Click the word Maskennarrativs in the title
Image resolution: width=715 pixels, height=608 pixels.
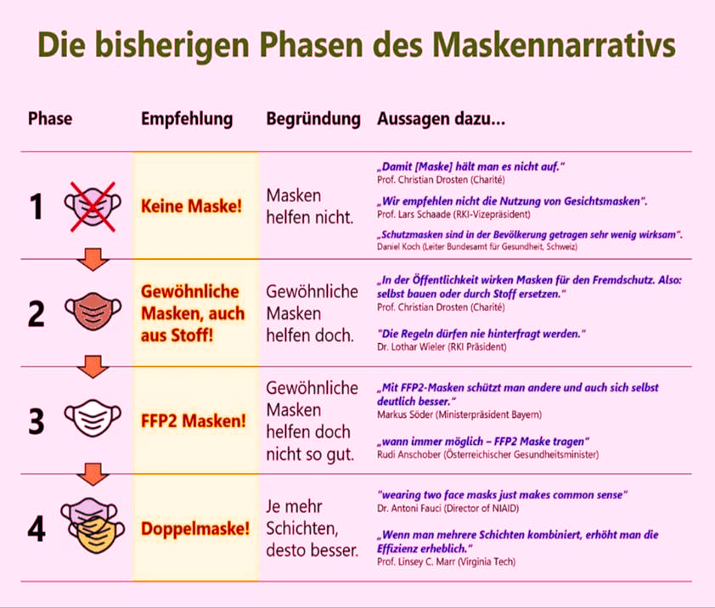click(x=554, y=45)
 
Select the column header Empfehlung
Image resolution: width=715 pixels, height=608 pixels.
click(x=187, y=119)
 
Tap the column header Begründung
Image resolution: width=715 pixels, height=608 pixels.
click(x=313, y=119)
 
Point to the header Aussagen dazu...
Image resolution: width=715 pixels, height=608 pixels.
click(x=441, y=119)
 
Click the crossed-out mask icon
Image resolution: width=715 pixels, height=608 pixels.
click(x=93, y=206)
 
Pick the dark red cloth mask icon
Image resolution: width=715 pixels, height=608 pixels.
click(x=93, y=311)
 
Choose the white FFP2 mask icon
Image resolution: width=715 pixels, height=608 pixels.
click(x=93, y=419)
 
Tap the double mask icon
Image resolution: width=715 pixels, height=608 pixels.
click(x=93, y=526)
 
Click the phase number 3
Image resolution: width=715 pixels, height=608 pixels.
click(x=37, y=421)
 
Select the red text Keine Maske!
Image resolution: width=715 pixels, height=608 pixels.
click(x=192, y=205)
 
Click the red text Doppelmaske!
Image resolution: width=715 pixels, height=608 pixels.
click(x=195, y=528)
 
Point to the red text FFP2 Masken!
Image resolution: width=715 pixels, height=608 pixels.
click(x=194, y=420)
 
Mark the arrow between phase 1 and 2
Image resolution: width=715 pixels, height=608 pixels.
click(x=93, y=260)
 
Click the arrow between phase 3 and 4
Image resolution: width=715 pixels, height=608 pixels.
click(x=93, y=475)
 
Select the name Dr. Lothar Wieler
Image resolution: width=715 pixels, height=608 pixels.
click(x=411, y=346)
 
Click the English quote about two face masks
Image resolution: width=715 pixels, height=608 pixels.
click(x=503, y=495)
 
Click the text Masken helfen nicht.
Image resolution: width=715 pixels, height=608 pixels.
click(x=310, y=206)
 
